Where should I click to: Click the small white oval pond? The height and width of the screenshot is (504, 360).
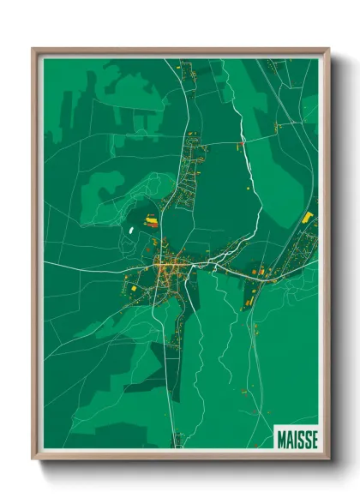(130, 229)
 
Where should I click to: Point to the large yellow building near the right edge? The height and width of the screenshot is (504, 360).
(308, 218)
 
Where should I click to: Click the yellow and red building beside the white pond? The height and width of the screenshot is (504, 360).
(152, 221)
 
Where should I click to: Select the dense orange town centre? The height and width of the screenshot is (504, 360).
(171, 267)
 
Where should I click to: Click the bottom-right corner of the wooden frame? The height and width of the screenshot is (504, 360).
(328, 459)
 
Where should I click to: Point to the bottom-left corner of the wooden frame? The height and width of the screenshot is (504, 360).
(33, 459)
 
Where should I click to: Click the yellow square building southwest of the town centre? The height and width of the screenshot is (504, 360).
(134, 290)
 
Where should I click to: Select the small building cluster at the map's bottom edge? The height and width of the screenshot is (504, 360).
(179, 439)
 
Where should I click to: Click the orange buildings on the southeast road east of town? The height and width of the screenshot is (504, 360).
(257, 273)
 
